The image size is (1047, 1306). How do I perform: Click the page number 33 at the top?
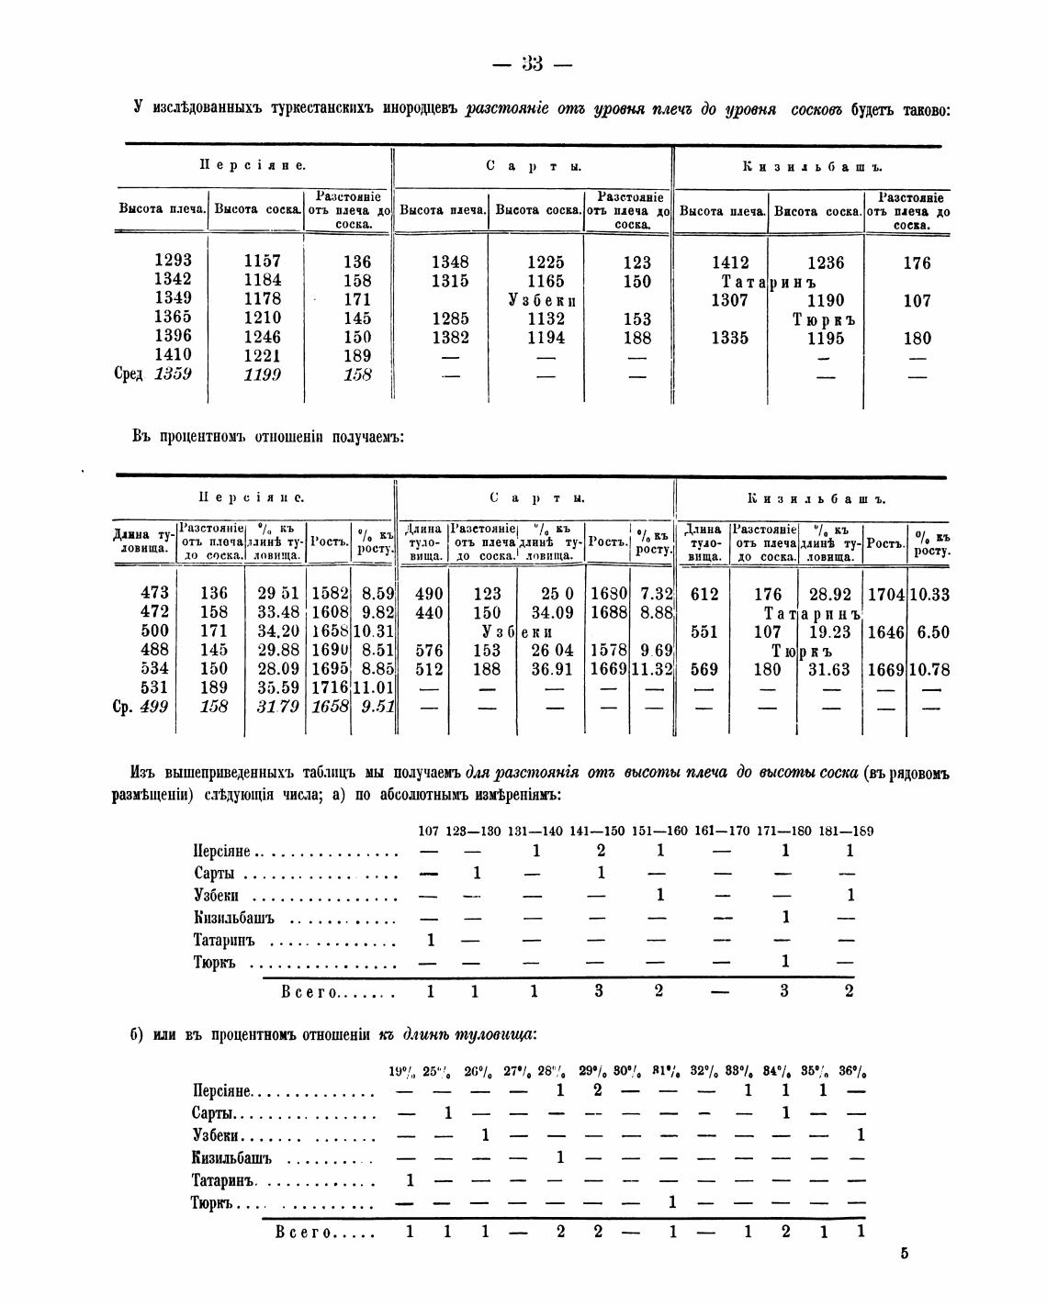532,63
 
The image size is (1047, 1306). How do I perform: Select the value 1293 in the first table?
174,261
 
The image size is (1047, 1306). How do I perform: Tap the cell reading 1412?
730,262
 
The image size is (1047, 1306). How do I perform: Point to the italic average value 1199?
263,374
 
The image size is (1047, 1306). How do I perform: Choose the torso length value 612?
704,594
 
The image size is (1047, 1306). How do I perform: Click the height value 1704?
886,594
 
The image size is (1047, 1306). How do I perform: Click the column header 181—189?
846,832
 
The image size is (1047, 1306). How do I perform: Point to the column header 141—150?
598,832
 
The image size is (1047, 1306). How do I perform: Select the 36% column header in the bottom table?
853,1071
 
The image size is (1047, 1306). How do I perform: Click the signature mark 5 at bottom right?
904,1254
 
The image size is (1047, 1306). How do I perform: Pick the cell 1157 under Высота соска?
263,261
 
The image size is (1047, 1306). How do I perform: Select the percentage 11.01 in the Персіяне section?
375,688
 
